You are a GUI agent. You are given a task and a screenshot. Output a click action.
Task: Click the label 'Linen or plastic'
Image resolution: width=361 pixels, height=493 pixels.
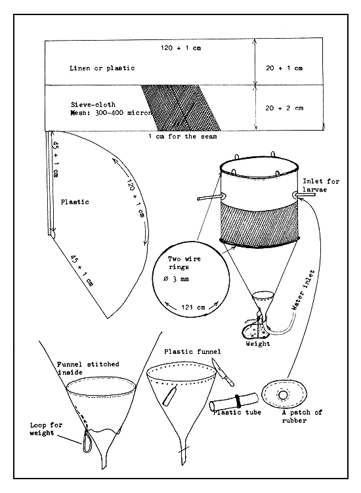[101, 68]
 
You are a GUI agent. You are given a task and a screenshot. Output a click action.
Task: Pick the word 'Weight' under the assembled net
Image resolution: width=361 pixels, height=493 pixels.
[257, 343]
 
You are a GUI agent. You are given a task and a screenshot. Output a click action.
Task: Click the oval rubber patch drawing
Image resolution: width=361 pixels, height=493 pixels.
[284, 396]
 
